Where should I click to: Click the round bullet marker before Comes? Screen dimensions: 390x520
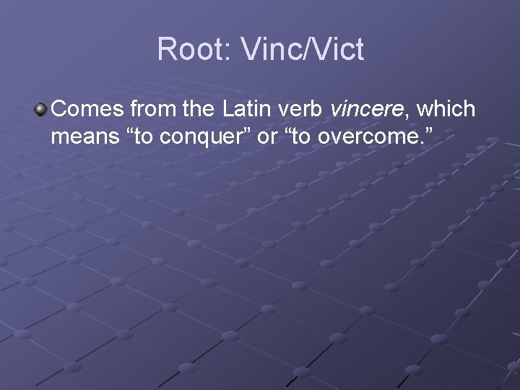(x=40, y=110)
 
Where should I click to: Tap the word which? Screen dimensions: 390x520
(x=446, y=110)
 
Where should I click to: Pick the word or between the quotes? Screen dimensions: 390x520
(x=267, y=137)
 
